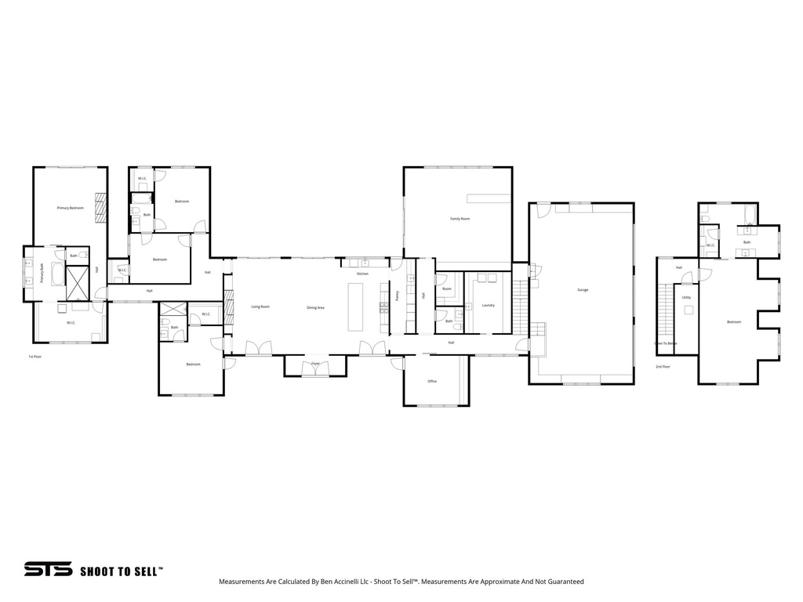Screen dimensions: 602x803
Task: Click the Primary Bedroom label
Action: pyautogui.click(x=71, y=208)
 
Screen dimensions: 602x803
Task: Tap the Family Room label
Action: pyautogui.click(x=460, y=219)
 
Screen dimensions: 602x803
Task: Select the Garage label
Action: pyautogui.click(x=583, y=290)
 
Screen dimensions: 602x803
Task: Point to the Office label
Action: pyautogui.click(x=432, y=381)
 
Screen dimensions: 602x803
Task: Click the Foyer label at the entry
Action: pyautogui.click(x=315, y=364)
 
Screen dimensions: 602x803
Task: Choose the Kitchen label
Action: pyautogui.click(x=362, y=274)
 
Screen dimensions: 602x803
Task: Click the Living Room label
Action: pyautogui.click(x=260, y=306)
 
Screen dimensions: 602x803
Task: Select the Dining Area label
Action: pyautogui.click(x=315, y=307)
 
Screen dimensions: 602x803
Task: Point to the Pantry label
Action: pyautogui.click(x=398, y=296)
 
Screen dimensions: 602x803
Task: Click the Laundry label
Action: pyautogui.click(x=488, y=305)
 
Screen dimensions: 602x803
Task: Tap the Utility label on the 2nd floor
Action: pyautogui.click(x=686, y=298)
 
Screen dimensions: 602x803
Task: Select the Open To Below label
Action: pyautogui.click(x=666, y=343)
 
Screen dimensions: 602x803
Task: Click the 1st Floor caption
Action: pyautogui.click(x=35, y=357)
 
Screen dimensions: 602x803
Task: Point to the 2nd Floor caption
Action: pyautogui.click(x=663, y=366)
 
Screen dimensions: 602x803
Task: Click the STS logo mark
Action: pyautogui.click(x=48, y=570)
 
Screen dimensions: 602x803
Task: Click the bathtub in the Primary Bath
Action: pyautogui.click(x=57, y=274)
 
